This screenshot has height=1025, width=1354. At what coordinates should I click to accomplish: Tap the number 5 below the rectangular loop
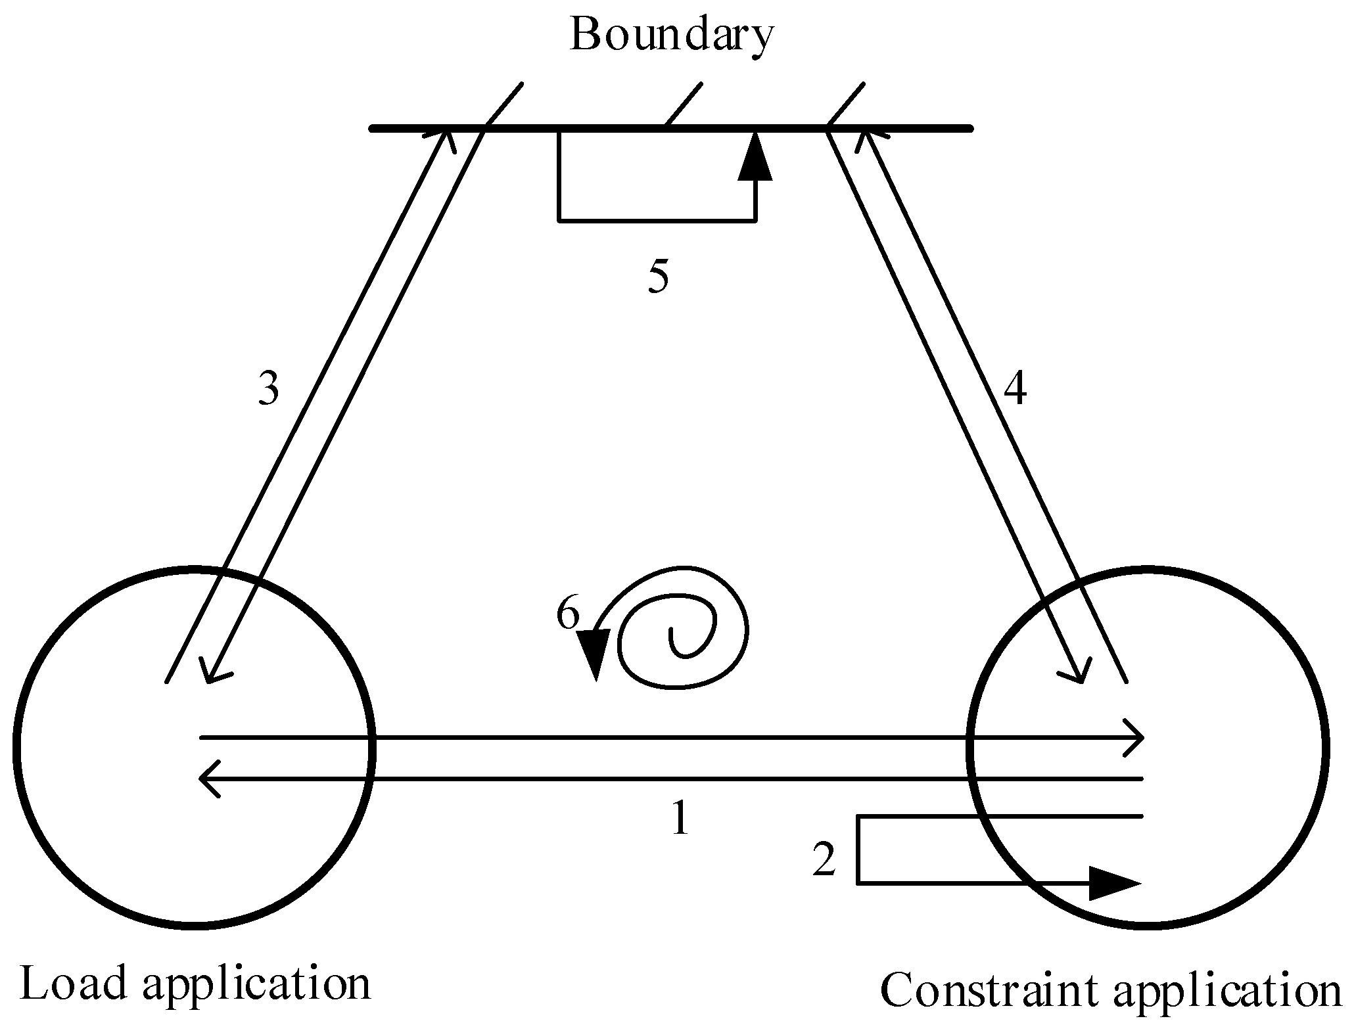(x=658, y=276)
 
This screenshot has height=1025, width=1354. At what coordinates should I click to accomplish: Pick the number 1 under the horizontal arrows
(x=680, y=819)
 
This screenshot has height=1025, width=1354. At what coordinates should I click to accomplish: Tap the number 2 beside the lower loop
(x=824, y=860)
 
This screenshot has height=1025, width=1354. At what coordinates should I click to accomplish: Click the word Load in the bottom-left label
(x=73, y=984)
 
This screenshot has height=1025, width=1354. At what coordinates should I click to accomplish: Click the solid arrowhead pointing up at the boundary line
(x=755, y=158)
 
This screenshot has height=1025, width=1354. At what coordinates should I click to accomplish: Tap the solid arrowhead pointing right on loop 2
(x=1112, y=883)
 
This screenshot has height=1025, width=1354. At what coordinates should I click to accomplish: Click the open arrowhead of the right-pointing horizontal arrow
(x=1136, y=738)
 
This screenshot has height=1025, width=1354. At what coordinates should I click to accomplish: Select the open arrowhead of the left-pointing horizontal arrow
(x=209, y=779)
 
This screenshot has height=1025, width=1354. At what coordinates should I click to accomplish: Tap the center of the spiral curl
(x=677, y=637)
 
